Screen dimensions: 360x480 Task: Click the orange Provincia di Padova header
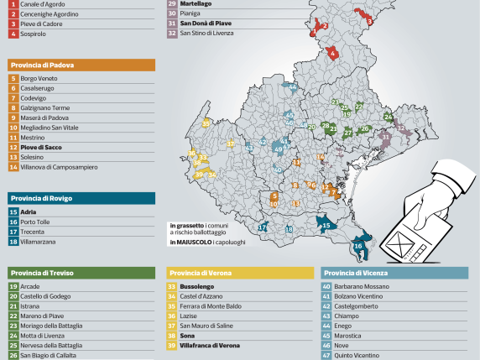[81, 65]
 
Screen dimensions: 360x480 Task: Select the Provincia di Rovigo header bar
[81, 198]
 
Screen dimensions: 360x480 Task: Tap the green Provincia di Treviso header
[81, 273]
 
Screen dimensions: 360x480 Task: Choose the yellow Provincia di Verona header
[239, 273]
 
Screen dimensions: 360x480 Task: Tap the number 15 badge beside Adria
[13, 212]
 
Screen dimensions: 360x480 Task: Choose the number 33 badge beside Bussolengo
[173, 286]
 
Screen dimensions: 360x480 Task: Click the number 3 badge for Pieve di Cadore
[13, 24]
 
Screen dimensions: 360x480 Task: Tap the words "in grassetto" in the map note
[185, 225]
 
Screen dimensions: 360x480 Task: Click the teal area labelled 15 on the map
[326, 224]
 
